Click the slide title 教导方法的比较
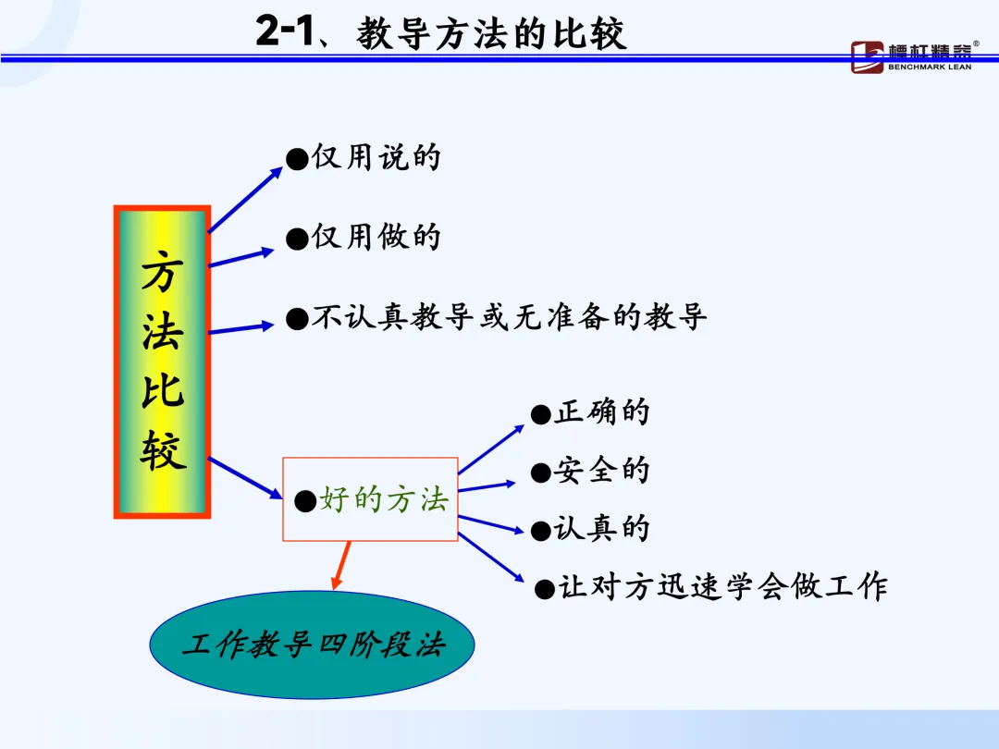click(x=491, y=34)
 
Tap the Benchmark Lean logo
click(x=910, y=56)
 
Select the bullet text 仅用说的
click(x=375, y=157)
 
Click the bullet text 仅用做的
click(x=375, y=238)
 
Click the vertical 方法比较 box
click(x=163, y=362)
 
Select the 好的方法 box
click(x=370, y=499)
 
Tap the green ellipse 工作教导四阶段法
click(x=312, y=645)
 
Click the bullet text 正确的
click(x=601, y=412)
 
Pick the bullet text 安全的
click(x=601, y=471)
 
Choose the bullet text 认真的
click(x=601, y=529)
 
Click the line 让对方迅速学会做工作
click(x=721, y=587)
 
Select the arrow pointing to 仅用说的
click(x=245, y=200)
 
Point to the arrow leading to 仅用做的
click(x=242, y=257)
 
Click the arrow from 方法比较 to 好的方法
click(x=246, y=478)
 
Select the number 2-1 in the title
click(x=287, y=33)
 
